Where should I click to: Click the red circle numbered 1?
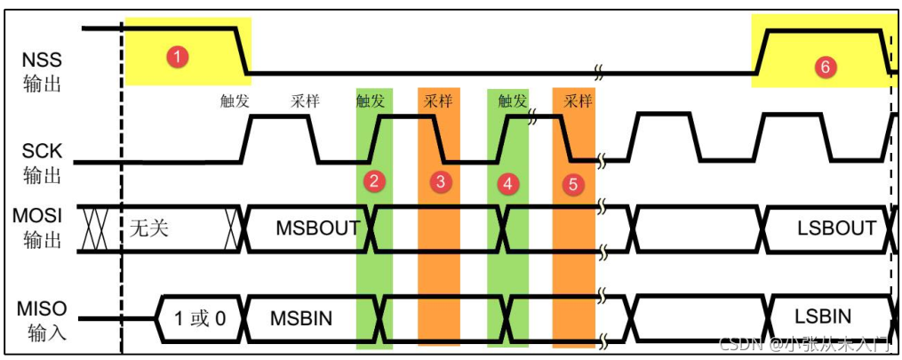(178, 57)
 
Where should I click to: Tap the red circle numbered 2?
(375, 183)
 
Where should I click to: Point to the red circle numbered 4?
(507, 184)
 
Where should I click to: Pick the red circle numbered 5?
(573, 184)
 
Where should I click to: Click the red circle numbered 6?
(825, 67)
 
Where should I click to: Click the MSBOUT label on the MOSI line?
(317, 228)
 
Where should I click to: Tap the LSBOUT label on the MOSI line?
(836, 228)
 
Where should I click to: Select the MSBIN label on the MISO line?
(303, 316)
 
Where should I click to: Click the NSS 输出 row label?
(43, 72)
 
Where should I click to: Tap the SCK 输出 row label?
(43, 164)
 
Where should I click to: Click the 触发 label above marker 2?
(371, 100)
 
